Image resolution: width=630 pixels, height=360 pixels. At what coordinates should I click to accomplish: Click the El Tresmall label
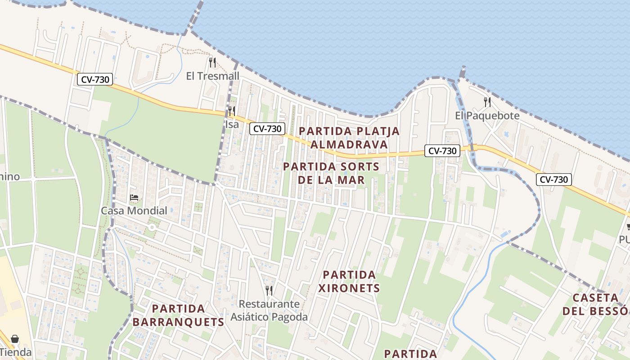213,76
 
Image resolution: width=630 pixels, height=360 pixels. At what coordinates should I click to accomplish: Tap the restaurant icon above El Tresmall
213,62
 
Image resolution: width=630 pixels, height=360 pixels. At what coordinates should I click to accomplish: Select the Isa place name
232,124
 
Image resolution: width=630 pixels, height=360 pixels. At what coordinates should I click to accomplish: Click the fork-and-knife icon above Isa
232,111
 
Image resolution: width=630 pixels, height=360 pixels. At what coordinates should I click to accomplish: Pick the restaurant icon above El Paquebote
487,102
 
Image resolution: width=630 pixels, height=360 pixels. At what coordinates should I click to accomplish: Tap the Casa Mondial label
134,210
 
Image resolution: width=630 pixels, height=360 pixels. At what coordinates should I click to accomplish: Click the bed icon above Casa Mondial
134,197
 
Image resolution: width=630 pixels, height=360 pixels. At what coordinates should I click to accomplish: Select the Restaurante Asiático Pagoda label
269,310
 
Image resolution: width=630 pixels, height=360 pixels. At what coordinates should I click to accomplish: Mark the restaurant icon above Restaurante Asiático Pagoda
269,290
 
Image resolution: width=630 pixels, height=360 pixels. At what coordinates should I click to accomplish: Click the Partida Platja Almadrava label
349,138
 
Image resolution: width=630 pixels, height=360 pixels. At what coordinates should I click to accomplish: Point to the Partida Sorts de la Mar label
331,173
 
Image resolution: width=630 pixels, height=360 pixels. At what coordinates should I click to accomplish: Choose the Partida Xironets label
349,281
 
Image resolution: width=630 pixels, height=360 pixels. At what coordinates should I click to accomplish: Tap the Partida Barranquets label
178,315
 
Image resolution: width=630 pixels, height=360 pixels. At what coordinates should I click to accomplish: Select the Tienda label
16,352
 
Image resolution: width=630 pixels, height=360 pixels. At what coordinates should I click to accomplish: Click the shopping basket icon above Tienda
15,339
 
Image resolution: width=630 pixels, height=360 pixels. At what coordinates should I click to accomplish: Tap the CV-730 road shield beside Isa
267,129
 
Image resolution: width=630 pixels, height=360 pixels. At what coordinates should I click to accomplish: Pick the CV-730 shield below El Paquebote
442,151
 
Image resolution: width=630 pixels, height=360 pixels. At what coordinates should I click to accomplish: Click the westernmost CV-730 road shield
94,80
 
